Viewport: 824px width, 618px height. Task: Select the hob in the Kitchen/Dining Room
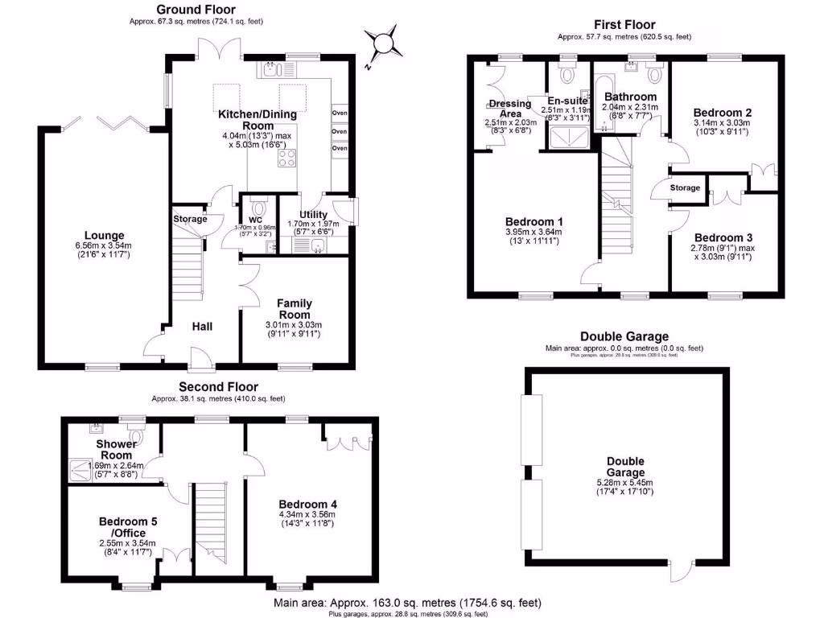click(287, 159)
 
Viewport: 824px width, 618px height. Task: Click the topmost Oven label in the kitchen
click(340, 113)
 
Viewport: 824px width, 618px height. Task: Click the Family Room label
click(295, 309)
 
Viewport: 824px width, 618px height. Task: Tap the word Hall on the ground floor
click(202, 327)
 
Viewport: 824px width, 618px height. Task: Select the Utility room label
click(313, 215)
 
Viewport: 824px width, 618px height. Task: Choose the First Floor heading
click(624, 25)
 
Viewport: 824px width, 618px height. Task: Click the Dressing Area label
click(510, 109)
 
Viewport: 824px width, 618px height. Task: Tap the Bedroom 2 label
click(722, 112)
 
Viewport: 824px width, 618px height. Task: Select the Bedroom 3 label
click(722, 238)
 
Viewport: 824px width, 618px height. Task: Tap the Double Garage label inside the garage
click(625, 467)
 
